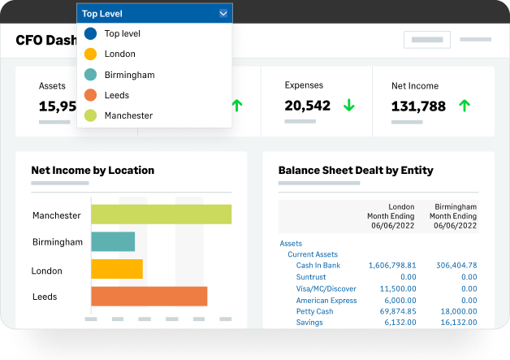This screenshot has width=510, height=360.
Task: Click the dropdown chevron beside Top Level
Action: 223,14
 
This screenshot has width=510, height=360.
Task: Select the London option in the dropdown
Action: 119,54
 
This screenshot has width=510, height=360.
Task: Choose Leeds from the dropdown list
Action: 117,95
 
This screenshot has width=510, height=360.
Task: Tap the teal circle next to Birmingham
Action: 90,75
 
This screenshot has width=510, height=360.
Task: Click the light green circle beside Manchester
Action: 90,115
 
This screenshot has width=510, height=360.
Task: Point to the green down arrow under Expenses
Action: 349,105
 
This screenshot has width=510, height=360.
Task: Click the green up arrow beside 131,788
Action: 465,106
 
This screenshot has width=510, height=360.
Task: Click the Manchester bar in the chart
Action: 162,215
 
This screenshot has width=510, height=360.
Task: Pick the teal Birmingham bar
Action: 113,241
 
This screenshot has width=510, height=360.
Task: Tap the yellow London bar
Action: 117,269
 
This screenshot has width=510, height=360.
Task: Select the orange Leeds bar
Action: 149,296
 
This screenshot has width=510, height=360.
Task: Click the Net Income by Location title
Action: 93,170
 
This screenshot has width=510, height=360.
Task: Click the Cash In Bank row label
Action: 318,265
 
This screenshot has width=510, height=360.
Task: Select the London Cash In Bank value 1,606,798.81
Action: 392,265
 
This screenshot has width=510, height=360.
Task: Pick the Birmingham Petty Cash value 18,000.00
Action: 459,311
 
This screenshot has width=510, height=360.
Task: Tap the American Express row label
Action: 326,300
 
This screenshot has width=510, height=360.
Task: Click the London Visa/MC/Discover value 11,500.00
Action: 398,288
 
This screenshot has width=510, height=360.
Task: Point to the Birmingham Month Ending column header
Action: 453,216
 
